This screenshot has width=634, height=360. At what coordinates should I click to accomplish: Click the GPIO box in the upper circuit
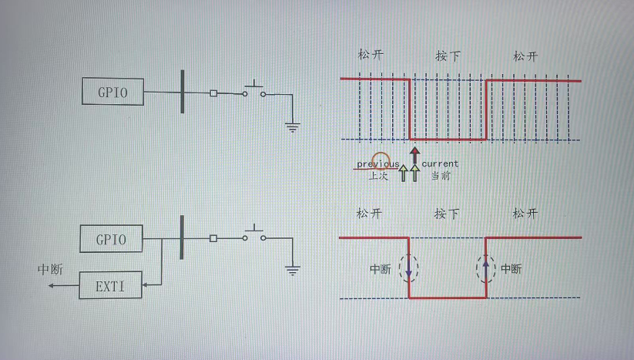point(113,92)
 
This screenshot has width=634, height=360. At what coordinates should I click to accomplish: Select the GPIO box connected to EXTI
point(112,238)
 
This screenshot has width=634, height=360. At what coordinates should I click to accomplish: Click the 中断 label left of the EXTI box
point(51,271)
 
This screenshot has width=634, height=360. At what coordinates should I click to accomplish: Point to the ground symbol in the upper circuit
point(292,126)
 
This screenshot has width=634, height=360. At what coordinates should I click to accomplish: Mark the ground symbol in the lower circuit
point(292,270)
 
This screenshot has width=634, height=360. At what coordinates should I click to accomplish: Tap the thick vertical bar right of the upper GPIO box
point(183,91)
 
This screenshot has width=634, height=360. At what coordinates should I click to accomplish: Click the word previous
point(377,164)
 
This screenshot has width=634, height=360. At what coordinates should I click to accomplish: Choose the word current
point(440,163)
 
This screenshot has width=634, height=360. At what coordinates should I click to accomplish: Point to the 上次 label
point(377,176)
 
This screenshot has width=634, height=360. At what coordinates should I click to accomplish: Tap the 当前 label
point(441,176)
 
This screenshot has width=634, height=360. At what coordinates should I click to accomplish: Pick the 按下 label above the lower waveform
point(447,214)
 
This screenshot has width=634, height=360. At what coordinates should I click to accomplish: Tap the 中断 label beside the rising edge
point(511,269)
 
